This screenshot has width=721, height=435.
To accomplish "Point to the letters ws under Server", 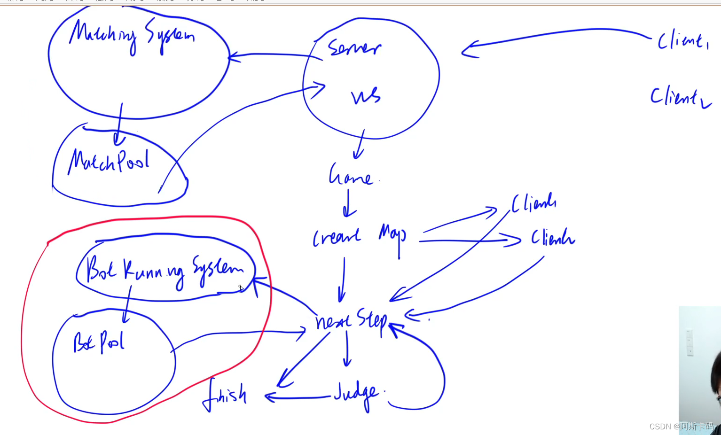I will (x=366, y=96).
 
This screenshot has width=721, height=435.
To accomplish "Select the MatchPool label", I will (x=109, y=161).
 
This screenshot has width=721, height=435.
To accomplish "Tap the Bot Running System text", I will (x=165, y=270).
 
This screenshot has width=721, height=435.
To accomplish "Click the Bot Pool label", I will (x=99, y=342).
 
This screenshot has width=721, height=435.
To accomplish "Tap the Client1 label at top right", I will (x=682, y=41).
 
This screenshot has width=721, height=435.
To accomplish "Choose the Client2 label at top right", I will (x=680, y=97).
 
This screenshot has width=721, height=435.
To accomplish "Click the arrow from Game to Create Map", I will (x=348, y=203).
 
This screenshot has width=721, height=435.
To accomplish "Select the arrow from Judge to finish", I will (x=298, y=398).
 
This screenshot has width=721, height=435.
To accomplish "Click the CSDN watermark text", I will (x=681, y=426).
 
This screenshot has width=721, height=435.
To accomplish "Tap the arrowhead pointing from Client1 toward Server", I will (x=469, y=49).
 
